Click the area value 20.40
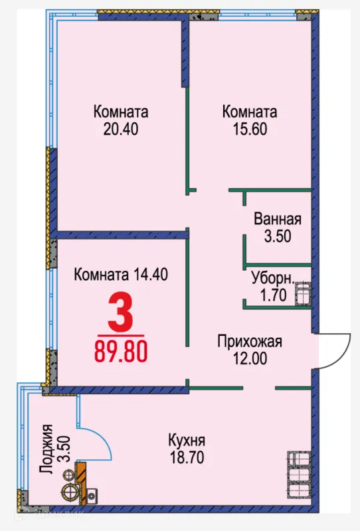point(120,129)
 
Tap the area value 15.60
point(249,129)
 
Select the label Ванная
point(278,220)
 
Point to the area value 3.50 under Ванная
point(278,236)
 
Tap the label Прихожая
point(250,342)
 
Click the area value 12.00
point(250,358)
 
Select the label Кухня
point(187,441)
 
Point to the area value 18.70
point(187,457)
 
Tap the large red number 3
point(121,312)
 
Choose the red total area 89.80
point(121,350)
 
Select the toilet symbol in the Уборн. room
point(302,293)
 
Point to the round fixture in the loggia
point(69,491)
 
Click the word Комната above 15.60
point(249,112)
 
